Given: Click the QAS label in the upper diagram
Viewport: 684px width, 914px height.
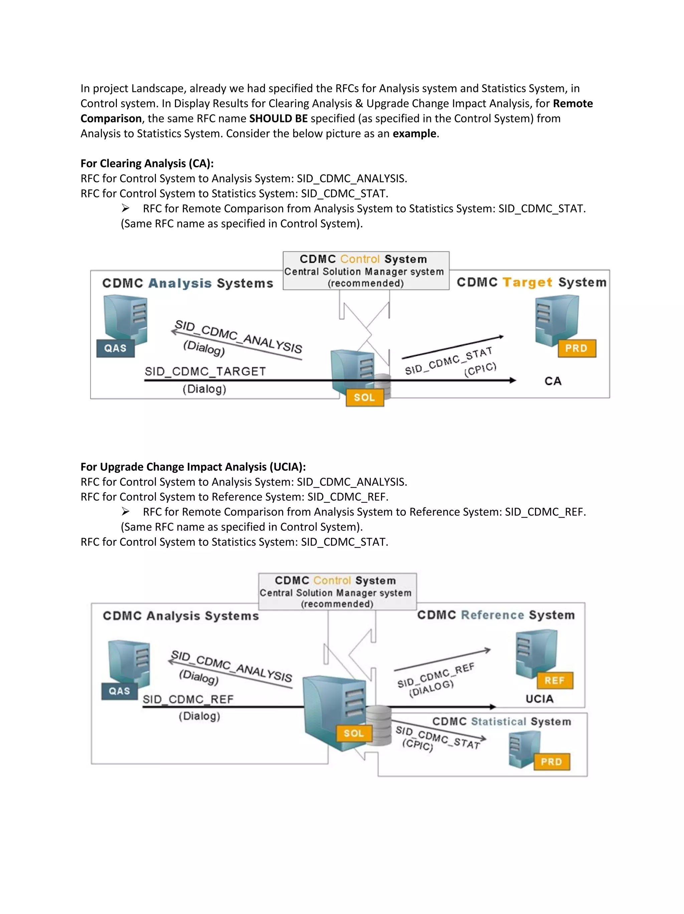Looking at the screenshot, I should point(115,348).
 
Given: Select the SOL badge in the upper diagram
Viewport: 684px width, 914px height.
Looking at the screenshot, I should point(364,397).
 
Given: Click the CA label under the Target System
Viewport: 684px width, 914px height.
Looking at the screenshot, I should point(553,381).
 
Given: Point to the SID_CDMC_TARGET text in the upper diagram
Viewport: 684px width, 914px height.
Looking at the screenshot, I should point(205,371).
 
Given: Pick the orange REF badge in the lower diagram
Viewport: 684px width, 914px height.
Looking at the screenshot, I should point(554,681).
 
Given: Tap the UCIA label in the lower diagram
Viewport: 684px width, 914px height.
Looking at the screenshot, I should point(539,699).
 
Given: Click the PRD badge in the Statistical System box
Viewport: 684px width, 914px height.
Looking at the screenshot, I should point(551,762).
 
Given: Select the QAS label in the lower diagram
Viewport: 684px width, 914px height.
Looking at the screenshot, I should point(119,691).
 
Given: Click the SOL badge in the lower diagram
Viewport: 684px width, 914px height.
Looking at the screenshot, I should point(354,733).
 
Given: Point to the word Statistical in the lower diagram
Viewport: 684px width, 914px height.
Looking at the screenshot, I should point(498,721).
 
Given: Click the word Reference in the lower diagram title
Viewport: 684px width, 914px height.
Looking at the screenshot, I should point(492,615).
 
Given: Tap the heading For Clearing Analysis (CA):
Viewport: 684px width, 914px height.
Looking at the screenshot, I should point(147,163).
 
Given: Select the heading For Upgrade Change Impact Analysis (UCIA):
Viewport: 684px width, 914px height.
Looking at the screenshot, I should point(193,467).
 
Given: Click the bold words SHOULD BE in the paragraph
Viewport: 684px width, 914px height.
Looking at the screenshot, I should point(278,119).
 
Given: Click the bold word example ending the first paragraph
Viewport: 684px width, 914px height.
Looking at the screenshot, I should point(414,134).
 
